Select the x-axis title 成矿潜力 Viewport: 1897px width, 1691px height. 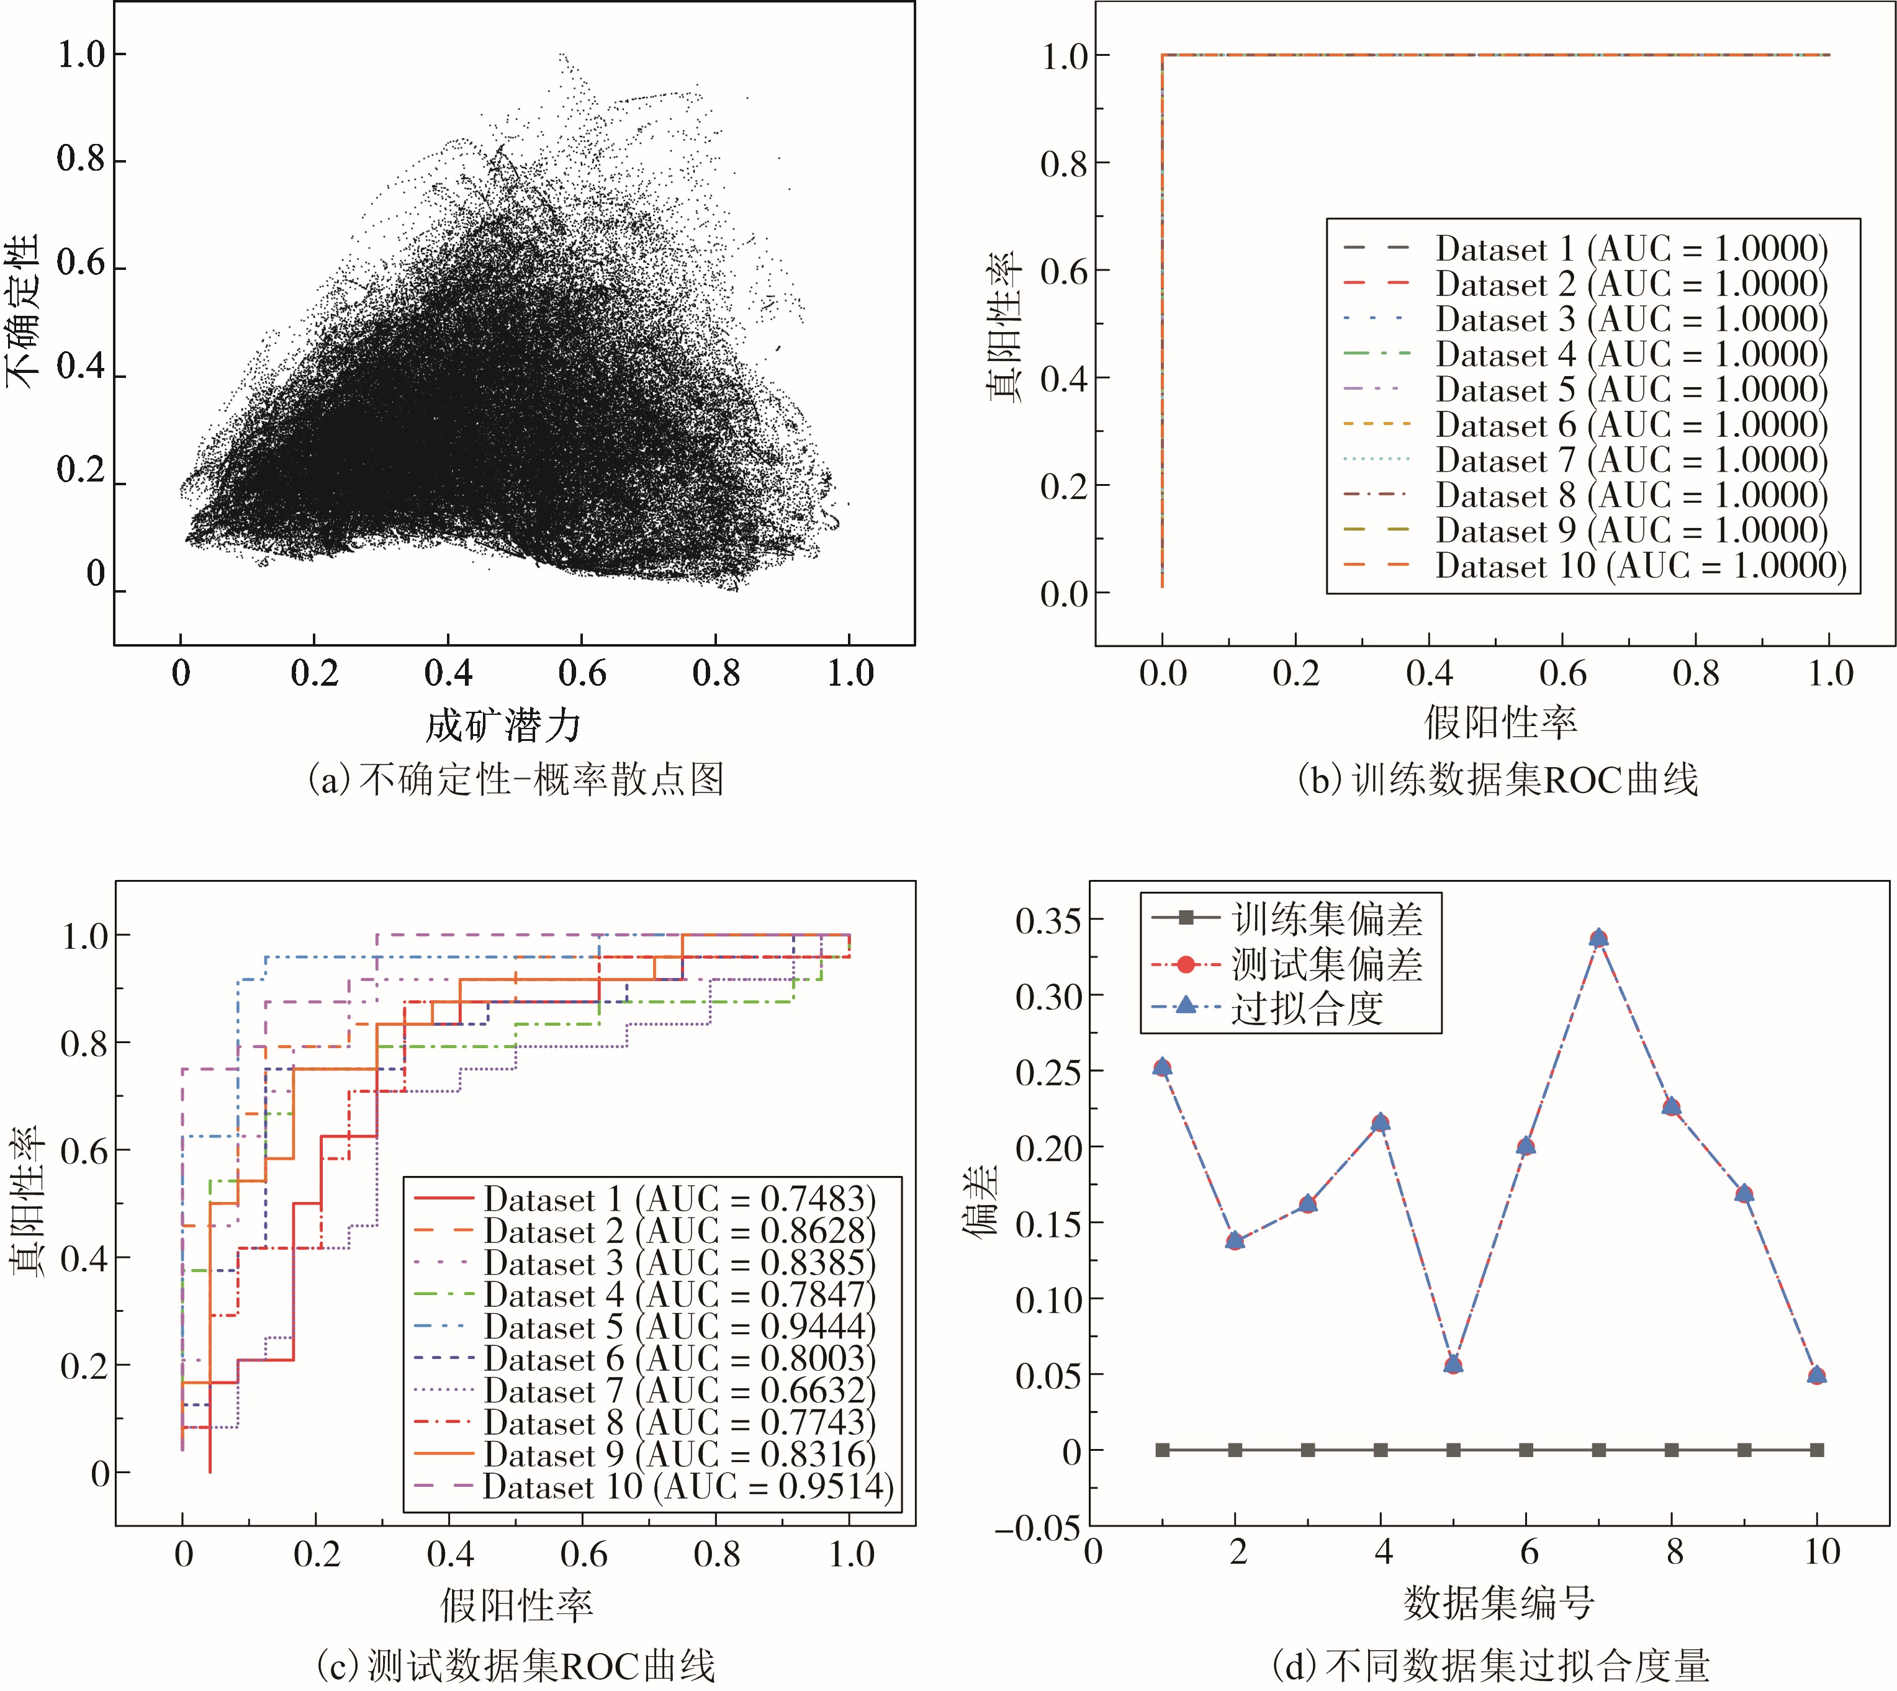[x=503, y=725]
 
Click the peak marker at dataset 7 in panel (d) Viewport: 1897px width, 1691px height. [x=1598, y=938]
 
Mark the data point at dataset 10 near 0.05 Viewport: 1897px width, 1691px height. [x=1817, y=1375]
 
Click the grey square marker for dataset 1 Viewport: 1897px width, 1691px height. [x=1162, y=1450]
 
